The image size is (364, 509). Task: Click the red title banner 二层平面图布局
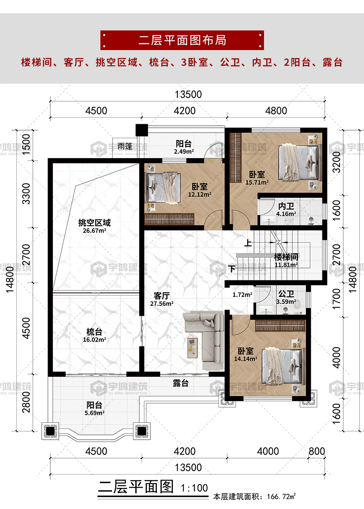pyautogui.click(x=182, y=40)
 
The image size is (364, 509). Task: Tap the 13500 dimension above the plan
pyautogui.click(x=188, y=95)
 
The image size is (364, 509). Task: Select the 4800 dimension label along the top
pyautogui.click(x=276, y=111)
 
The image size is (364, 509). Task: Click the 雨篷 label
pyautogui.click(x=125, y=146)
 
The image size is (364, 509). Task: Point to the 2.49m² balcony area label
pyautogui.click(x=184, y=151)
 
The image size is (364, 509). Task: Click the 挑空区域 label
pyautogui.click(x=94, y=223)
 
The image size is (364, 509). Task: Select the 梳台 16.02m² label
pyautogui.click(x=94, y=336)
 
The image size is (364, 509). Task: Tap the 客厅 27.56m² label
pyautogui.click(x=162, y=300)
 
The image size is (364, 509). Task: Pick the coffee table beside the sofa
pyautogui.click(x=192, y=348)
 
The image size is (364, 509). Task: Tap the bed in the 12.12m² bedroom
pyautogui.click(x=163, y=187)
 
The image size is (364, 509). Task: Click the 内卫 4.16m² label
pyautogui.click(x=286, y=210)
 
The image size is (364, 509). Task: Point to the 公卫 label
pyautogui.click(x=286, y=294)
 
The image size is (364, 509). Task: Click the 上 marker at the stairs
pyautogui.click(x=248, y=243)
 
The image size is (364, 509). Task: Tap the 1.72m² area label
pyautogui.click(x=242, y=295)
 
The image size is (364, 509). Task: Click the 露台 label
pyautogui.click(x=181, y=383)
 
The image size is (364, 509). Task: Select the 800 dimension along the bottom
pyautogui.click(x=317, y=451)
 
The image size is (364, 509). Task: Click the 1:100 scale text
pyautogui.click(x=194, y=488)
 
